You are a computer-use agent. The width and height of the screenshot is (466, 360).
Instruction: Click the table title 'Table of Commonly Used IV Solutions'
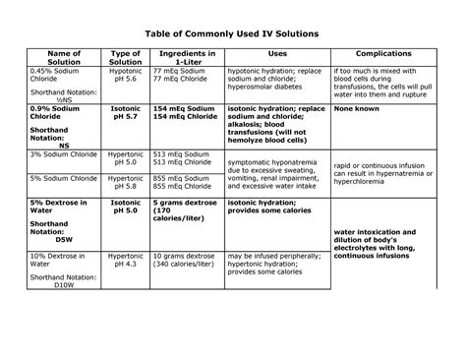pos(232,34)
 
